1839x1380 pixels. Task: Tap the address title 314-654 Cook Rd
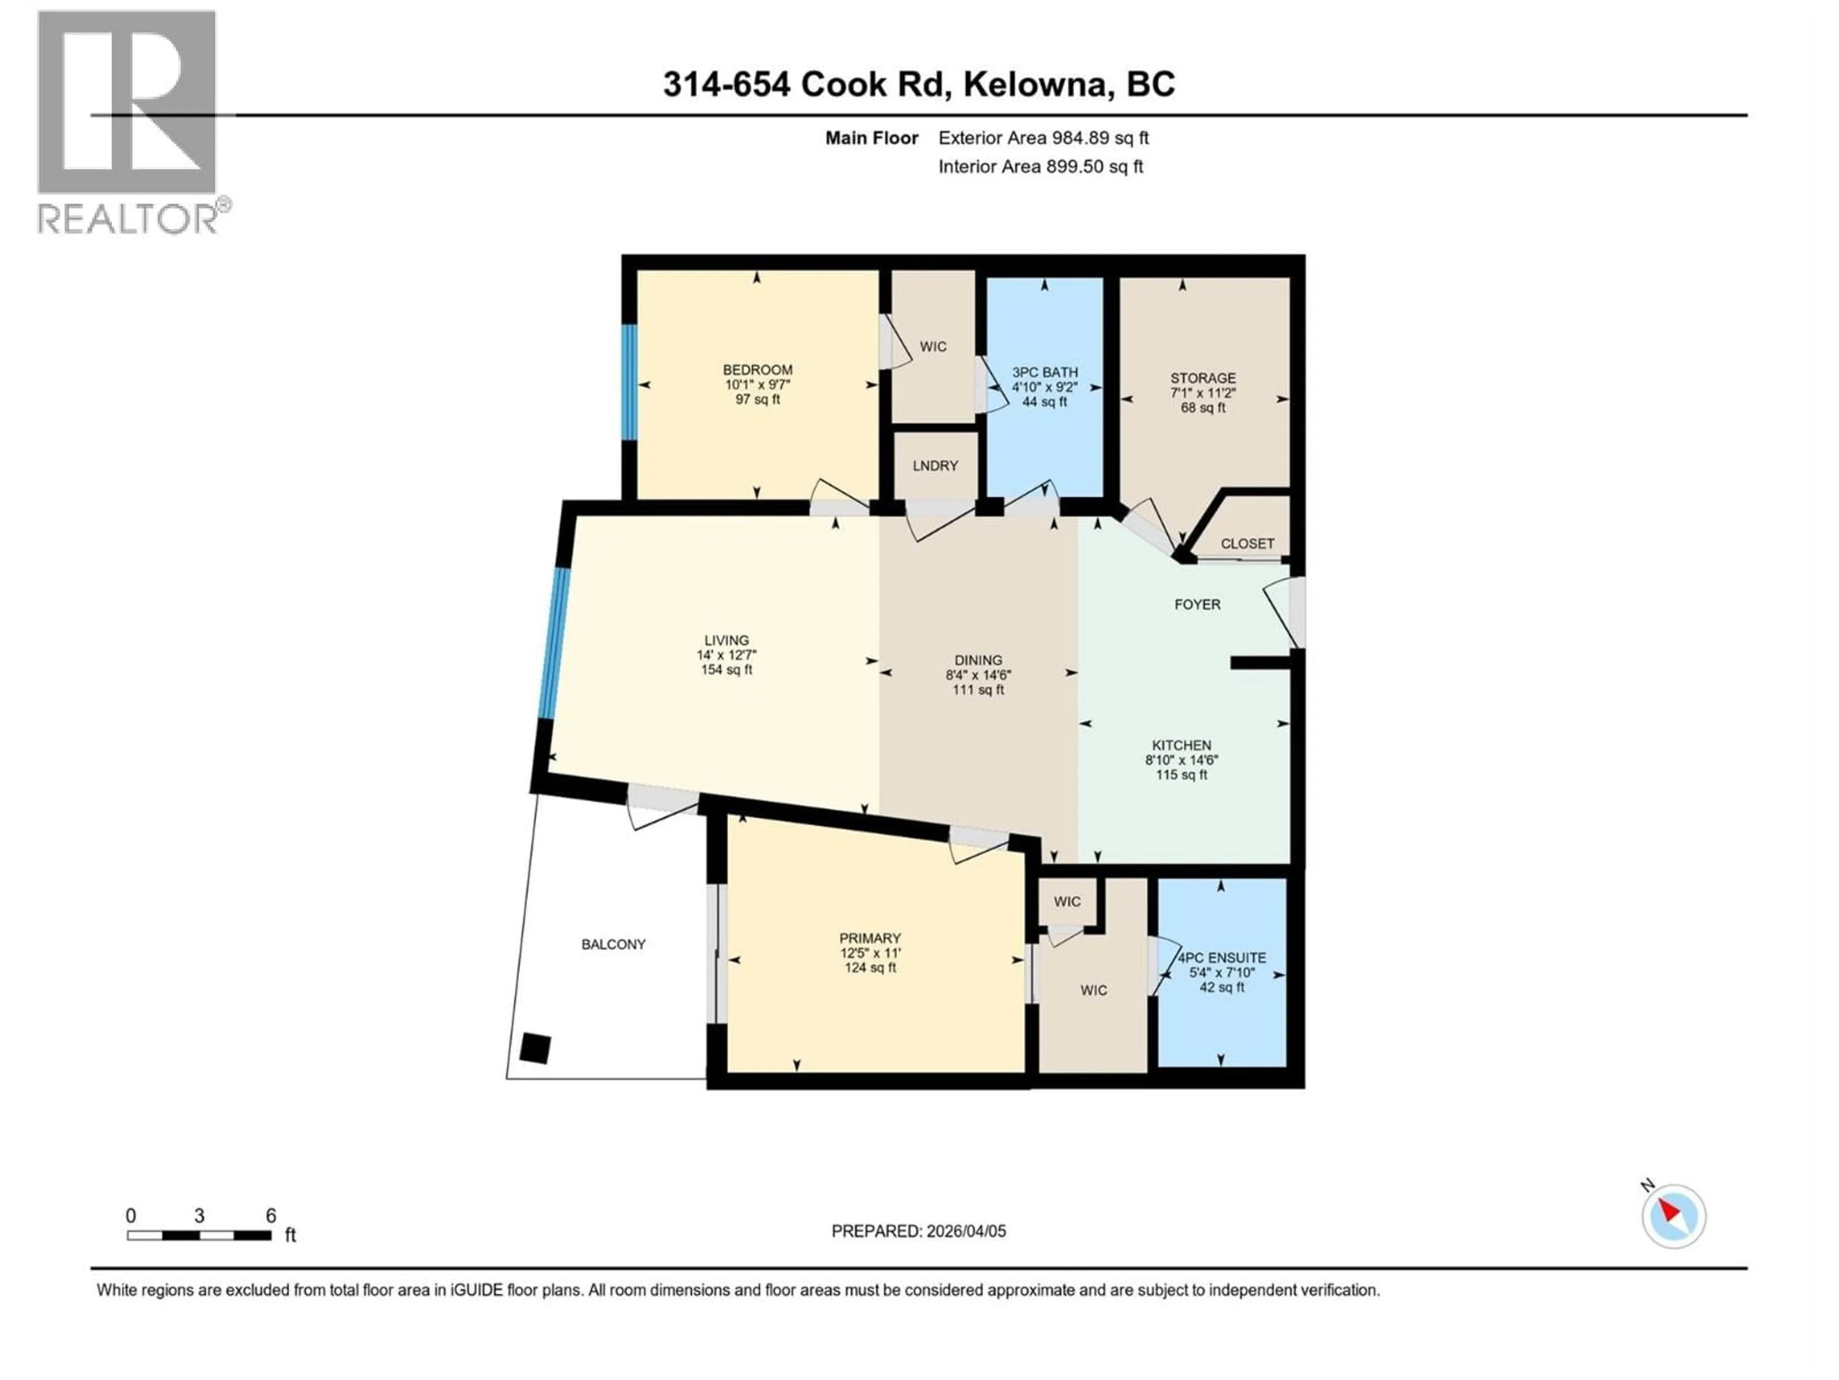point(919,84)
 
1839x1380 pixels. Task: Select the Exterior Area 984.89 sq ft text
point(1044,138)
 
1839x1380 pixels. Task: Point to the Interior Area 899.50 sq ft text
point(1041,166)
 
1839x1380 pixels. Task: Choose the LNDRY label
point(935,466)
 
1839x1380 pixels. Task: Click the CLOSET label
point(1247,543)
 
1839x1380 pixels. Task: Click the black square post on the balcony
point(534,1049)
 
